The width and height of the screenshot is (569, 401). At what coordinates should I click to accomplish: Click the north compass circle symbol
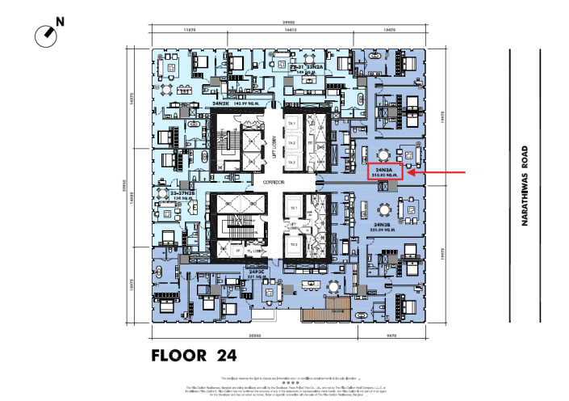[x=45, y=35]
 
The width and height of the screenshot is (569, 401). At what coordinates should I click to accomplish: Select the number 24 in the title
[x=225, y=355]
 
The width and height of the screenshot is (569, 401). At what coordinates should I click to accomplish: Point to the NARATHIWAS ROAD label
[x=525, y=185]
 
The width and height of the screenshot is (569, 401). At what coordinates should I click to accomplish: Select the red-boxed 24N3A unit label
[x=384, y=171]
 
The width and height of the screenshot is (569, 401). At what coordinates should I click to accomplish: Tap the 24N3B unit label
[x=383, y=226]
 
